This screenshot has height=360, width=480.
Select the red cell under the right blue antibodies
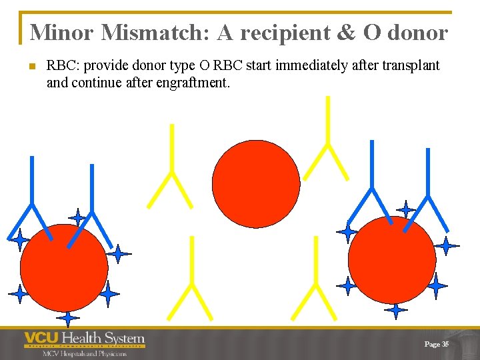pos(391,260)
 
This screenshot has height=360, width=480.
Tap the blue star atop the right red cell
pos(405,209)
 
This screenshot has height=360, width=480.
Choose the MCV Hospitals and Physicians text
pos(84,353)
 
